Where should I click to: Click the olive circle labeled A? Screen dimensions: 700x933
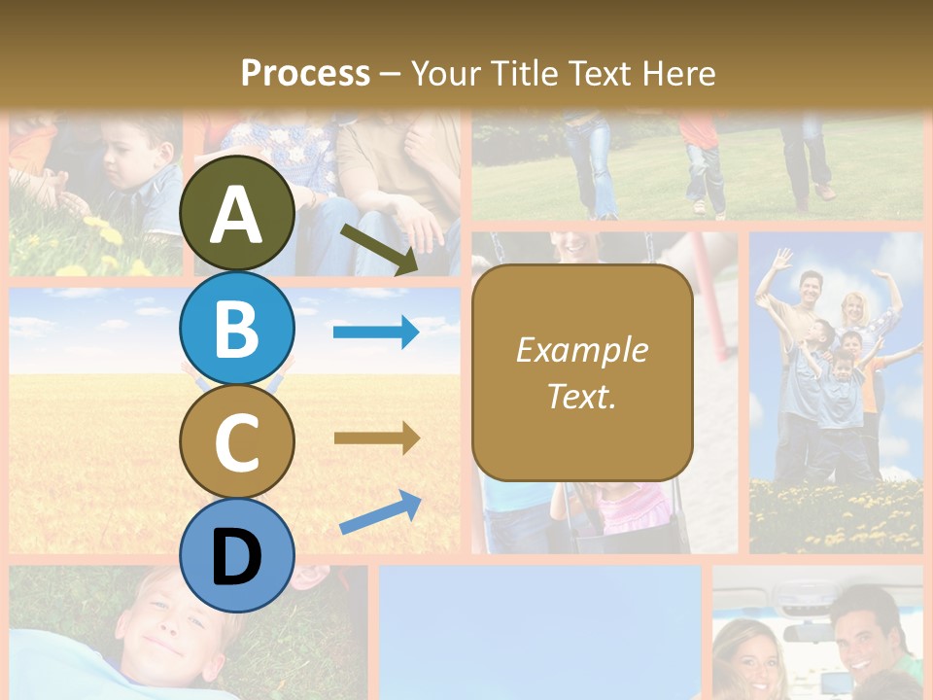click(x=237, y=214)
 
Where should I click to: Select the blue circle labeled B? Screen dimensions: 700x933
click(x=237, y=329)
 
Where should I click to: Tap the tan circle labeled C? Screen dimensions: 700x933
click(x=237, y=441)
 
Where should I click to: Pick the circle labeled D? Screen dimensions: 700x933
click(x=237, y=555)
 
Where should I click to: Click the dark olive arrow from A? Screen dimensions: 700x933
click(x=379, y=249)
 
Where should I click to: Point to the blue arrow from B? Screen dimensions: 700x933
click(x=376, y=332)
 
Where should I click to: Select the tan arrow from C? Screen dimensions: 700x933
click(x=376, y=437)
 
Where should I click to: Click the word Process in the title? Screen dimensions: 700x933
click(x=305, y=73)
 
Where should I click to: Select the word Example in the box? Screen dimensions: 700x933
click(x=582, y=350)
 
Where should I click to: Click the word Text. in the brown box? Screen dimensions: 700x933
click(x=582, y=396)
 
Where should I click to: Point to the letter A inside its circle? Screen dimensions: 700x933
click(x=237, y=215)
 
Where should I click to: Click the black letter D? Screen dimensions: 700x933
click(x=237, y=557)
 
